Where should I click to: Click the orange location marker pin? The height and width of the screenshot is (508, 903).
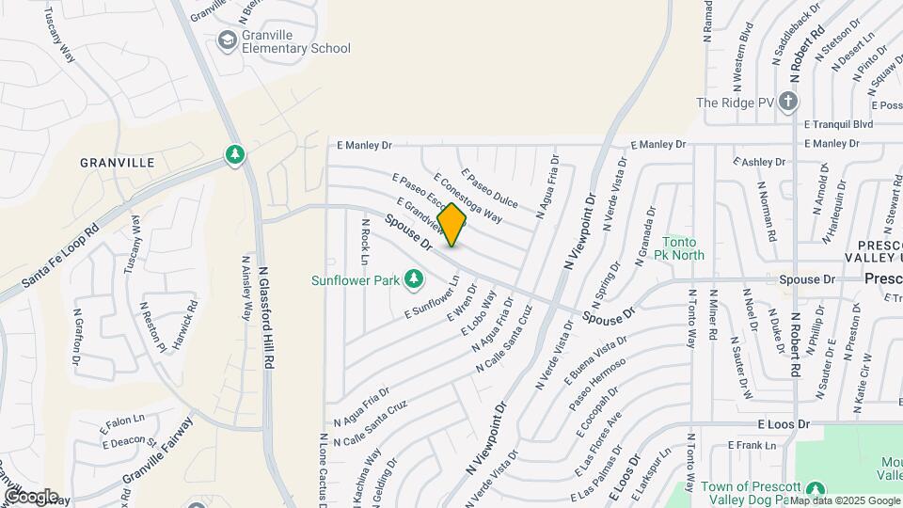452,225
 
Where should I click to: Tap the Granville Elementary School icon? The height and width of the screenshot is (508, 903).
227,40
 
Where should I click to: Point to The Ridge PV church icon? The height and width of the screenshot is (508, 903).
788,102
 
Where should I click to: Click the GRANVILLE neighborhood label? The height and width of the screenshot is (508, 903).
118,163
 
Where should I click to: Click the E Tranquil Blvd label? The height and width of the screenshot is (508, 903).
840,123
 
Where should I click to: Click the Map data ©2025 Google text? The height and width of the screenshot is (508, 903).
832,500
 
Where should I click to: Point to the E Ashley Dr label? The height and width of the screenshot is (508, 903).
757,162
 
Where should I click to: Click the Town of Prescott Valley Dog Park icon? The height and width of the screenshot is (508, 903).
817,489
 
